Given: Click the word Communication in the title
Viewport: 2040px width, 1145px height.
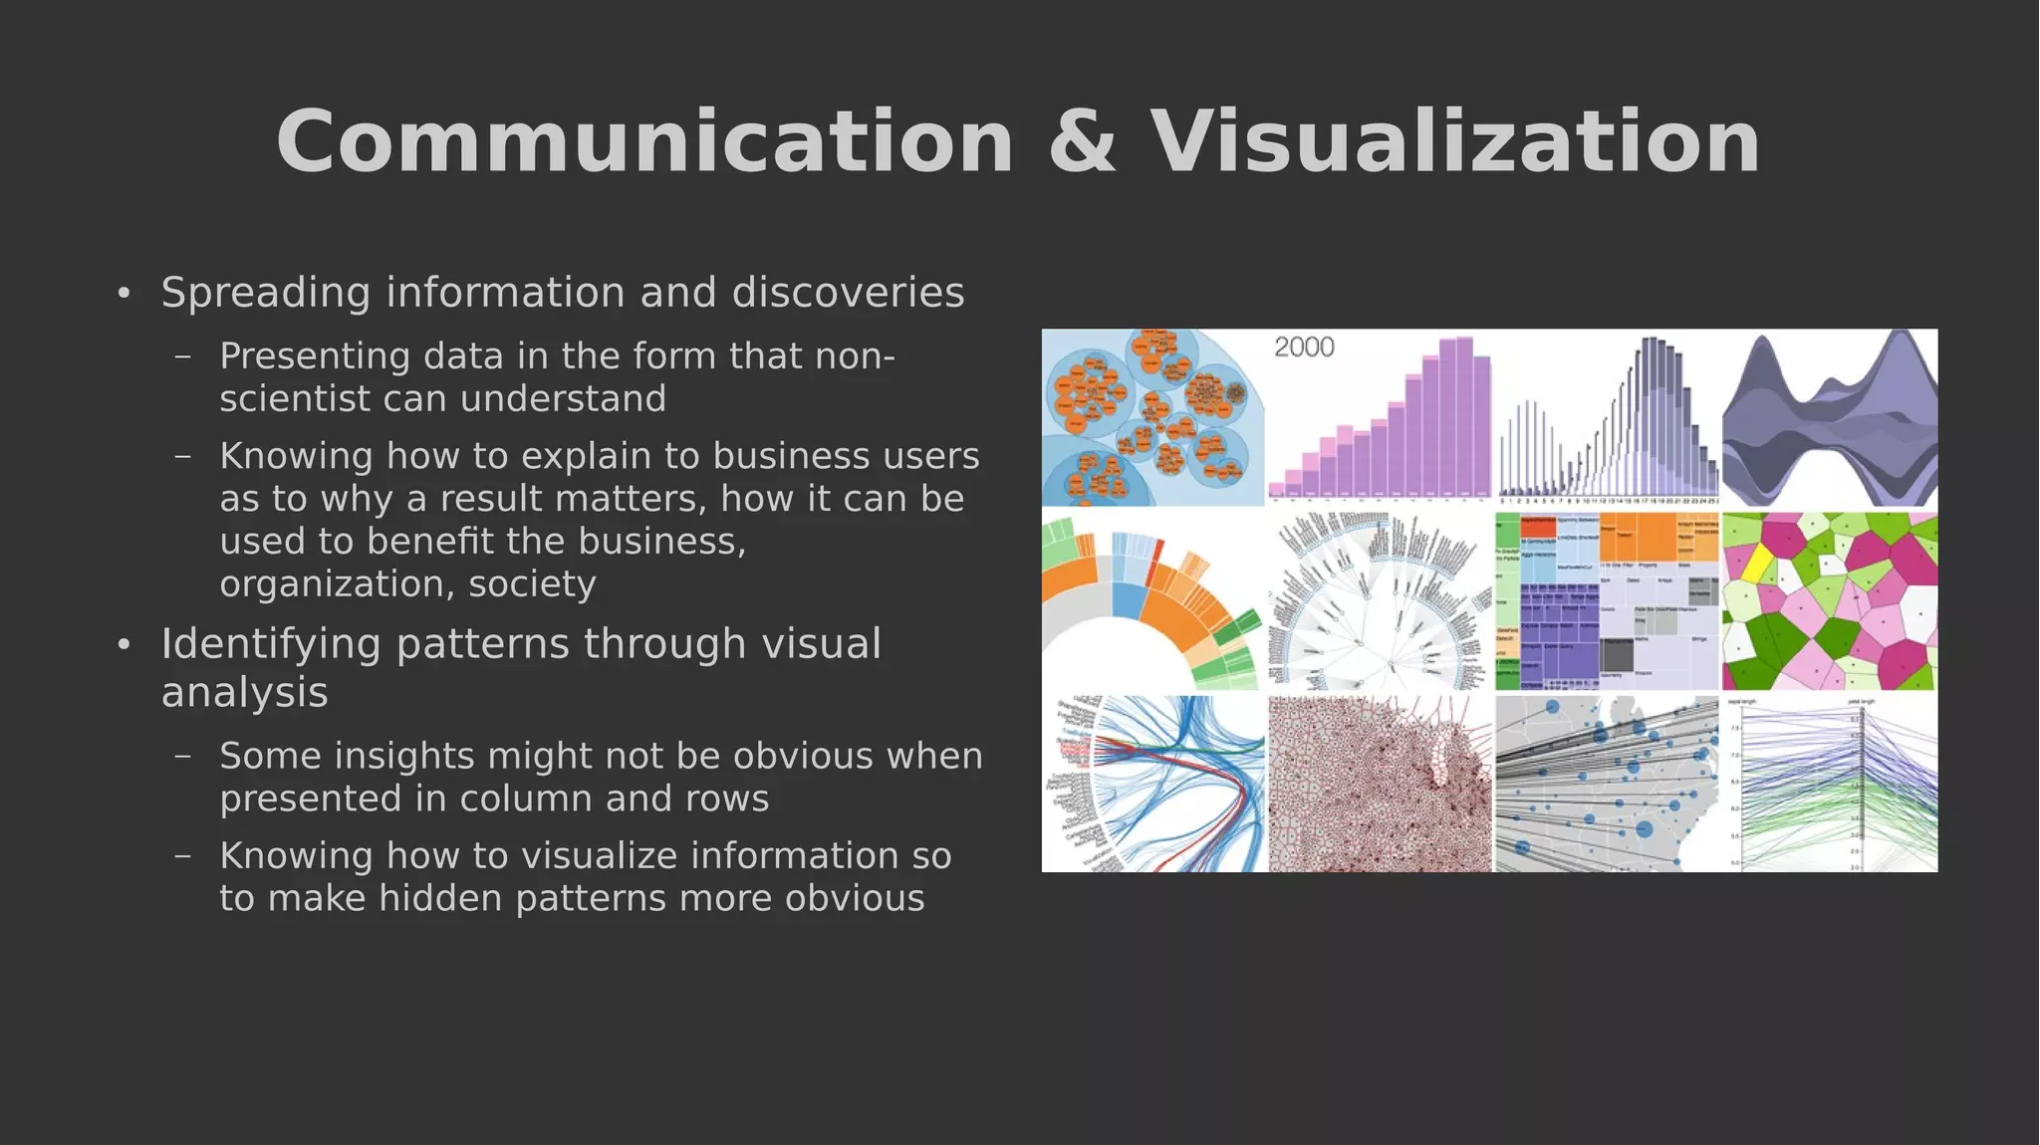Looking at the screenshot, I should pos(644,142).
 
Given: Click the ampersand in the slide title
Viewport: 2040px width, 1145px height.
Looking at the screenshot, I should pos(1082,142).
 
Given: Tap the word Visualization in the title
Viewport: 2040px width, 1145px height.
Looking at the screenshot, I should pos(1455,142).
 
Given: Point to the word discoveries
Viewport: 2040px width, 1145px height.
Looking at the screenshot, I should pos(848,293).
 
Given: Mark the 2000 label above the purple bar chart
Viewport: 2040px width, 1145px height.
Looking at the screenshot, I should pos(1304,347).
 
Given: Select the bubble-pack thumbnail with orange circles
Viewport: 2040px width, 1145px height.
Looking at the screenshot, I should pos(1152,417).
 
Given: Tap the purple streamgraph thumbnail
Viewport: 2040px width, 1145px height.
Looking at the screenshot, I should pos(1830,418).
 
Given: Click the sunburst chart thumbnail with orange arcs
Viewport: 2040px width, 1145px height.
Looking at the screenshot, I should pos(1152,601).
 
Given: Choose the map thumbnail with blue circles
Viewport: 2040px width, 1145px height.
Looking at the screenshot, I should pos(1607,784).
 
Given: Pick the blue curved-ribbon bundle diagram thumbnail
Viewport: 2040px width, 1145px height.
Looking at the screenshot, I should pos(1153,784).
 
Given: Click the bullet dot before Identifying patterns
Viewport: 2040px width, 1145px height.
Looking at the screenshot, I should pos(124,645).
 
